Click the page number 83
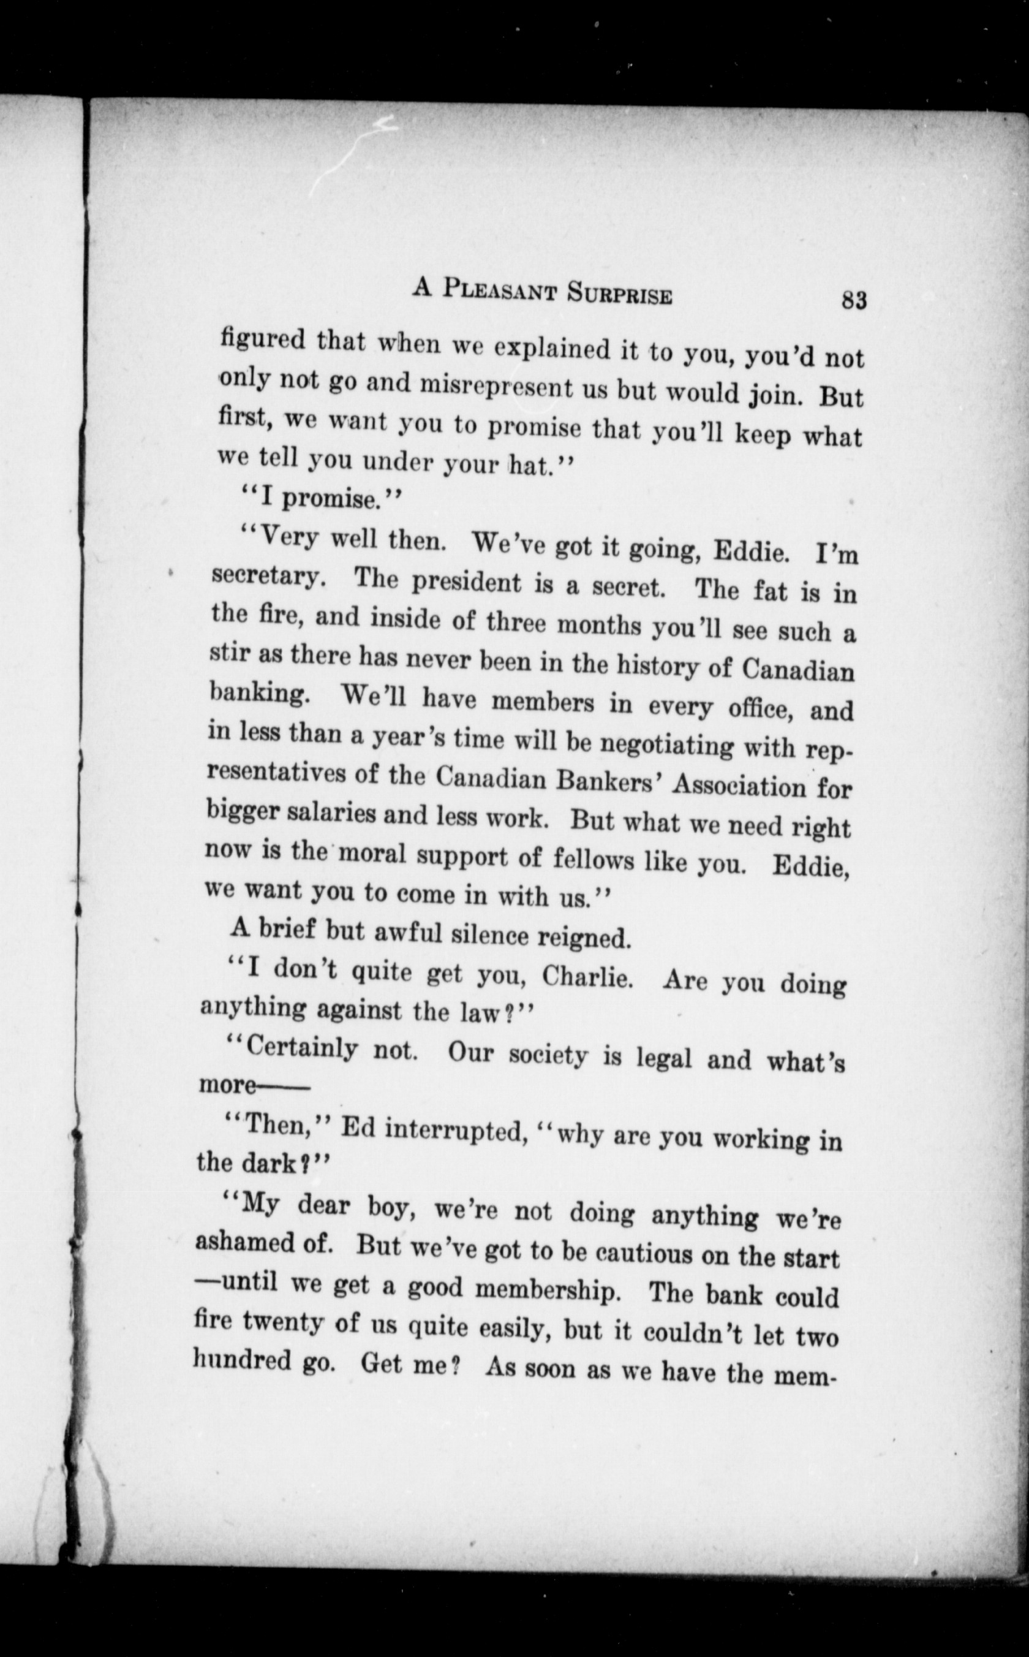coord(853,300)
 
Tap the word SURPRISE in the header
coord(619,295)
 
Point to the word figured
coord(263,338)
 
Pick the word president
coord(467,583)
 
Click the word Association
coord(739,787)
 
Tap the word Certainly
coord(301,1048)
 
